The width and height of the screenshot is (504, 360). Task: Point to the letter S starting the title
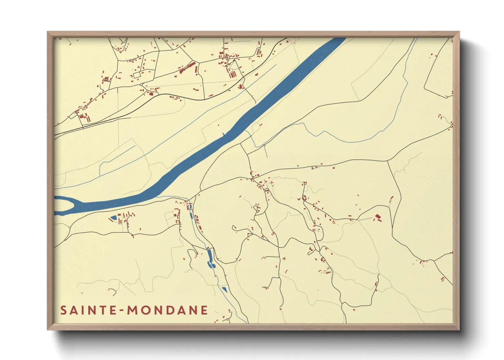coord(64,310)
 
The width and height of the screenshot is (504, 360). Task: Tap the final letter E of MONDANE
coord(204,310)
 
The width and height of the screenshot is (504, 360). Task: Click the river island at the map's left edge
coord(63,205)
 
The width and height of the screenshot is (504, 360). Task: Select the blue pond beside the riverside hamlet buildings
coord(113,217)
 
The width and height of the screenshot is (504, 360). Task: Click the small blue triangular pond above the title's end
coord(224,289)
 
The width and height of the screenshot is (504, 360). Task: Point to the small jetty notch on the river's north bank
coord(223,134)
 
